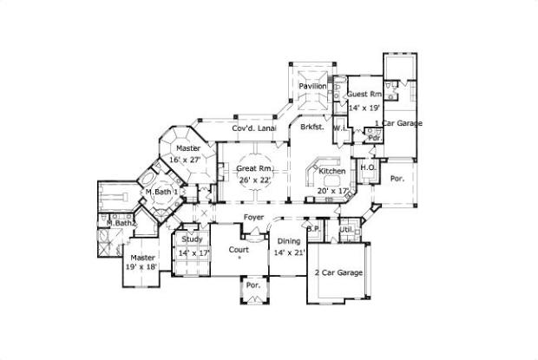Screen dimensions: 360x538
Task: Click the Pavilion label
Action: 312,87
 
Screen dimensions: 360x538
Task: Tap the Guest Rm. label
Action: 364,94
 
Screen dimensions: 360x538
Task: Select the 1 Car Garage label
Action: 399,124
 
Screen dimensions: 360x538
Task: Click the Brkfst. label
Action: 312,128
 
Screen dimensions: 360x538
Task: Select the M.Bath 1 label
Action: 161,191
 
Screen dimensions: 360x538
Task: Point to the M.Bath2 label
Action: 120,224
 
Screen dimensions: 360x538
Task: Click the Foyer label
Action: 253,216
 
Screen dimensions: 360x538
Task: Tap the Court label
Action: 239,250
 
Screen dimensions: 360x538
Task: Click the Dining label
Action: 289,240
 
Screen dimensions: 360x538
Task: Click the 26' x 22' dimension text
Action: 254,180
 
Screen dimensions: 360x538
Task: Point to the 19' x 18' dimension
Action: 143,269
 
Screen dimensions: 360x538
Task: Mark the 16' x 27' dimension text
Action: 186,160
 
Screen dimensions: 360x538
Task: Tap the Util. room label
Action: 345,230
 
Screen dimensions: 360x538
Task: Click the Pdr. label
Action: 375,137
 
